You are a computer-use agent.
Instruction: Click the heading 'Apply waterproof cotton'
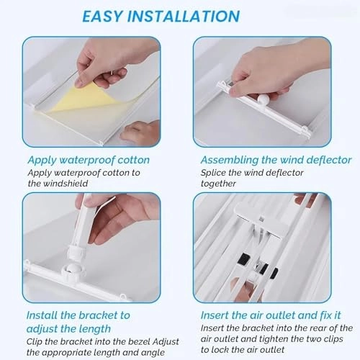tap(89, 160)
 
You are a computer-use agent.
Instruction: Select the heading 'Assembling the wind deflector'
tap(276, 160)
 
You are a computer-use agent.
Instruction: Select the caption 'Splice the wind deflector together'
tap(248, 178)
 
